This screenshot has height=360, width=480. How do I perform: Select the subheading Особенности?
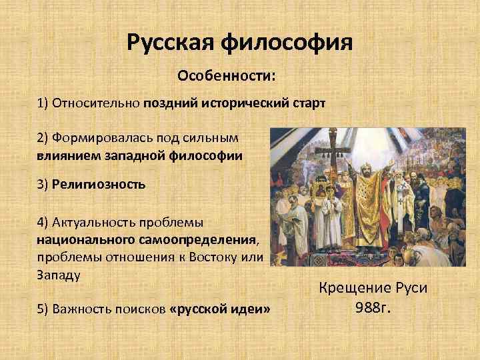225,76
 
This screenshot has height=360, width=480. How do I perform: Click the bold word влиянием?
65,155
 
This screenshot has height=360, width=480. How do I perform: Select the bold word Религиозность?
98,184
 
